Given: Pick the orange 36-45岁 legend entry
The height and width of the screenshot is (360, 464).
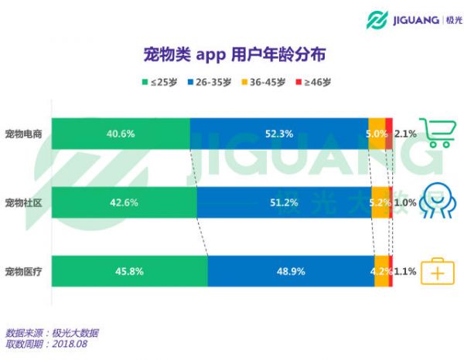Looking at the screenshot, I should [263, 82].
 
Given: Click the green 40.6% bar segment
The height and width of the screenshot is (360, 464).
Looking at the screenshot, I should [121, 134].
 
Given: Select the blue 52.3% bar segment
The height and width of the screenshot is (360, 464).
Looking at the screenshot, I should [278, 134].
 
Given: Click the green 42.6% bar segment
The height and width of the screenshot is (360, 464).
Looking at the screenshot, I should [124, 202].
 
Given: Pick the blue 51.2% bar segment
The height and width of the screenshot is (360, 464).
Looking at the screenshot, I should [283, 202].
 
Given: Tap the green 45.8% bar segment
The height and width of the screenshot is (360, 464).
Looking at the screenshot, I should [129, 271].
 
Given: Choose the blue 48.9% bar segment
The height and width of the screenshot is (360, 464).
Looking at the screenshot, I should [291, 271].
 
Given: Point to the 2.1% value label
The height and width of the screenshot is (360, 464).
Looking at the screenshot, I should [405, 134].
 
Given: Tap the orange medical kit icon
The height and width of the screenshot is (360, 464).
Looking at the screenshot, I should [437, 272].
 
